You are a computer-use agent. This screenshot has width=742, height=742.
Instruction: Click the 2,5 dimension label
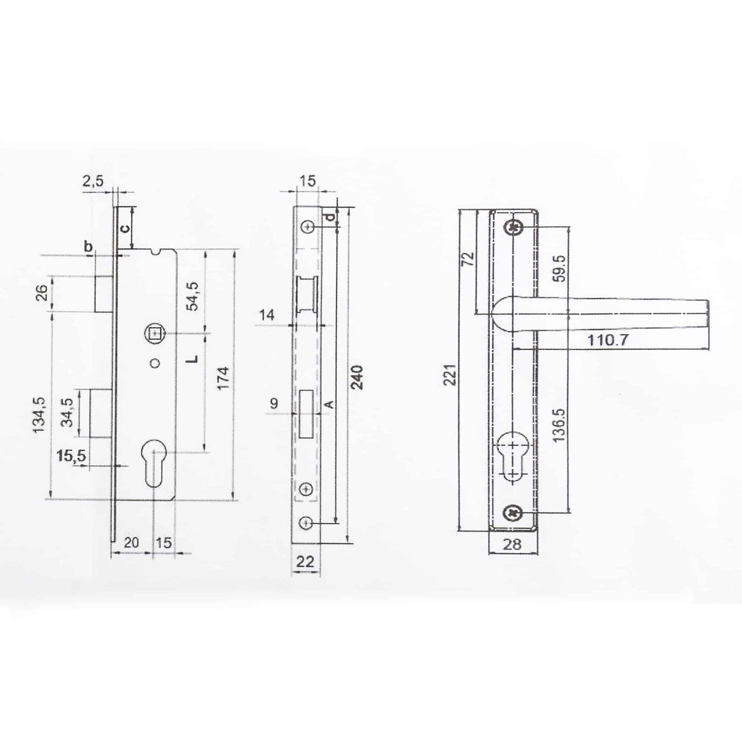coord(93,181)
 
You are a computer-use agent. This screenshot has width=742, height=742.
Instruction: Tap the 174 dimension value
coord(223,378)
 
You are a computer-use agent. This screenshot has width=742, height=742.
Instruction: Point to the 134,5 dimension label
coord(41,414)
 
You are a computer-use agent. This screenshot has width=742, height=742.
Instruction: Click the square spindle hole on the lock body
coord(153,334)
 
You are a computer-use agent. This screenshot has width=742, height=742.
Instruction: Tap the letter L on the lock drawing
coord(192,358)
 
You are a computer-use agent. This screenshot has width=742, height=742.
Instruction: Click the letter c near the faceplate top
coord(125,227)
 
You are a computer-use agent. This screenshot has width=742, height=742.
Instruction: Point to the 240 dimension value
coord(358,377)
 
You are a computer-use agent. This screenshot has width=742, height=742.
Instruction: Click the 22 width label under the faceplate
coord(306,561)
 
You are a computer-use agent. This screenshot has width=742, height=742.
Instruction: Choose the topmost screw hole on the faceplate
coord(308,227)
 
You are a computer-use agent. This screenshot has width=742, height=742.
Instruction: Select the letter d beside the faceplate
coord(332,217)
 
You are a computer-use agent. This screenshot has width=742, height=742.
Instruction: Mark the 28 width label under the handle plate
coord(512,544)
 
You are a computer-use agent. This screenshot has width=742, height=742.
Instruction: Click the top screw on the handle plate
coord(513,227)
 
